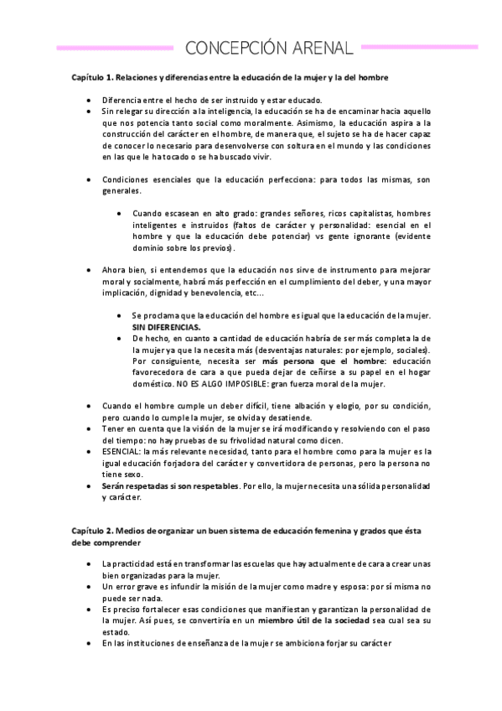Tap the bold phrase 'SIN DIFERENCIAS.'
pyautogui.click(x=166, y=326)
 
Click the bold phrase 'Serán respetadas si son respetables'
pyautogui.click(x=170, y=485)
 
